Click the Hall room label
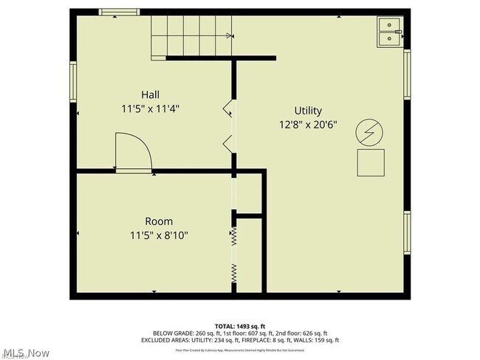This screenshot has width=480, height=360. (x=150, y=94)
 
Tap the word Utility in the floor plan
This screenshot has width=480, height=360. (x=309, y=109)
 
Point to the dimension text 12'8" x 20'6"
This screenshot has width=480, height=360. (x=309, y=124)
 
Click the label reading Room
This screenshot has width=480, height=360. (x=159, y=221)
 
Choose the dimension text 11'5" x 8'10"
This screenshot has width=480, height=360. (x=159, y=236)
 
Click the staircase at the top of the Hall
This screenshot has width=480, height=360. (x=191, y=35)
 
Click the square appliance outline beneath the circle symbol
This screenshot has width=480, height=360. (x=371, y=162)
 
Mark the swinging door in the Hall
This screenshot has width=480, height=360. (x=132, y=152)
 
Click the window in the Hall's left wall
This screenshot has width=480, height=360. (x=73, y=81)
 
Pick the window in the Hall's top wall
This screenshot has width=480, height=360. (x=119, y=12)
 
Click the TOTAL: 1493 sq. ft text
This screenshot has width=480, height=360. (x=240, y=325)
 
